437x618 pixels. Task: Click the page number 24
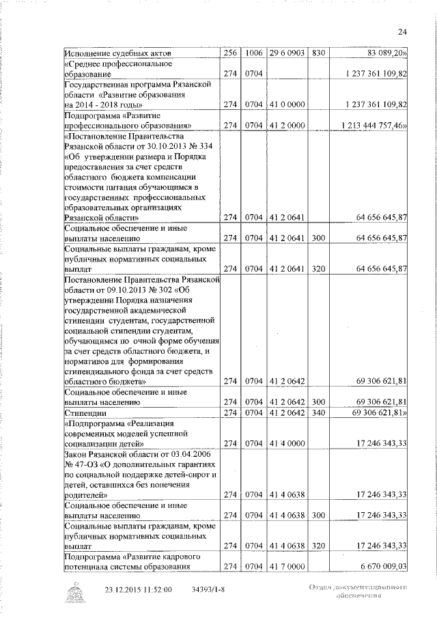[402, 31]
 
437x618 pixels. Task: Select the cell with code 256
[229, 53]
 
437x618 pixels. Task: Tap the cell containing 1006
[254, 53]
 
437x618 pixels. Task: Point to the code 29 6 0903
[287, 53]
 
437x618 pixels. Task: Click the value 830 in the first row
[318, 53]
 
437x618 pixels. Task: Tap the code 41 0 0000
[287, 104]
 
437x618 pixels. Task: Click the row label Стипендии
[85, 413]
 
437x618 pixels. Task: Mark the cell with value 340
[318, 413]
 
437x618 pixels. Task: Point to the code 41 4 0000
[287, 444]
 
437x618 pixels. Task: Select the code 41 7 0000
[287, 566]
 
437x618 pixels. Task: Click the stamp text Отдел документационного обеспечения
[357, 591]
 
